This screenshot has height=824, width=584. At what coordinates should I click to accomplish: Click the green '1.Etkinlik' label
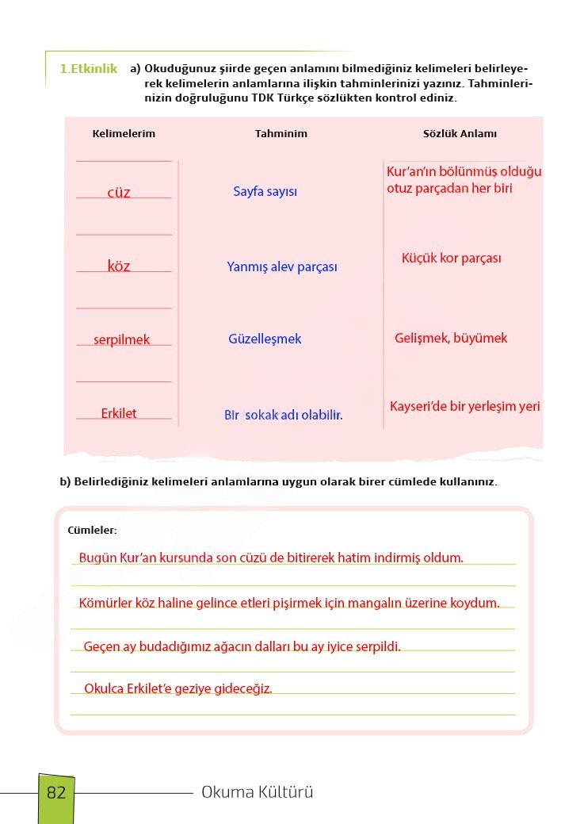click(88, 69)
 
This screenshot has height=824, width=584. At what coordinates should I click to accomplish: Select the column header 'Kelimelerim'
click(124, 134)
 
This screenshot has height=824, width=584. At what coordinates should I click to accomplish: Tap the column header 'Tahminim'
click(281, 134)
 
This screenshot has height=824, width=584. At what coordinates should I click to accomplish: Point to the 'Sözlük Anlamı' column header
click(460, 134)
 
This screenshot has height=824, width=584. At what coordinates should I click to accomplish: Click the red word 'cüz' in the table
click(119, 192)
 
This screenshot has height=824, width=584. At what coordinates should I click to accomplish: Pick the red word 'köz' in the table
click(119, 266)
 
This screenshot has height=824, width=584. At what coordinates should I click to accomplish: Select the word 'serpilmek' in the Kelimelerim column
click(121, 340)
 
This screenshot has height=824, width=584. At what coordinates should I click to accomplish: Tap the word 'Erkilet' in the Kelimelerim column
click(119, 413)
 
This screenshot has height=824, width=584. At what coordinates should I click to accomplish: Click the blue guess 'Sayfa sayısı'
click(265, 192)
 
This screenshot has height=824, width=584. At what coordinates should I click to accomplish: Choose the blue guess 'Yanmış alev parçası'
click(282, 267)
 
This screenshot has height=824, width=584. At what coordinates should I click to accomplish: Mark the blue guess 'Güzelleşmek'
click(265, 339)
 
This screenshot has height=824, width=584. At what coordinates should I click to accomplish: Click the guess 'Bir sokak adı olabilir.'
click(284, 415)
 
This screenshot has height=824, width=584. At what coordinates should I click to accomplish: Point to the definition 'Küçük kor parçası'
click(451, 259)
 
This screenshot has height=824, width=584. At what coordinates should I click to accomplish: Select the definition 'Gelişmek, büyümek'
click(451, 339)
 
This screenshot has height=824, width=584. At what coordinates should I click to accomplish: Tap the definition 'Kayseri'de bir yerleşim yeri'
click(464, 407)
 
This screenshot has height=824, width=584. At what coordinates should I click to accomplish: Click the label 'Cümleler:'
click(92, 530)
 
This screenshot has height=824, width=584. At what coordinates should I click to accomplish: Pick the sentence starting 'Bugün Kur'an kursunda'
click(271, 558)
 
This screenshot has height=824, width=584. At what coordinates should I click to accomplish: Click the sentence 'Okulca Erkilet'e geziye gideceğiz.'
click(178, 688)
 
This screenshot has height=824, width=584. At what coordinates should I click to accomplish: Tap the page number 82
click(56, 792)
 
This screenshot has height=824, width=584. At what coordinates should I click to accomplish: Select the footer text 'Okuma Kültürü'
click(258, 792)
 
